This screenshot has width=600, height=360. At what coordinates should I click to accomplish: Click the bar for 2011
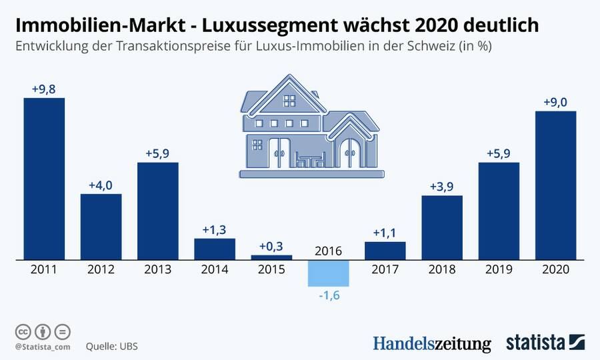tap(44, 178)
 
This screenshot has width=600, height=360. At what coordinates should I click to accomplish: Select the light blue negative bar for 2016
tap(328, 272)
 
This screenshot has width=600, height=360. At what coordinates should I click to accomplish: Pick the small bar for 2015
tap(271, 257)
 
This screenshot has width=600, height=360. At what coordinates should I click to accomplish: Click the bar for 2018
tap(442, 227)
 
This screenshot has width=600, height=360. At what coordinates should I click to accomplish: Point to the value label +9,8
tap(44, 88)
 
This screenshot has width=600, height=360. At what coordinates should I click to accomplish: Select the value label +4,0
tap(101, 184)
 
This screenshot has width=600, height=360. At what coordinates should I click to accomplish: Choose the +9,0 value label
tap(555, 101)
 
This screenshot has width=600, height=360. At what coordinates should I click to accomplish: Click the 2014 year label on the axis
tap(214, 270)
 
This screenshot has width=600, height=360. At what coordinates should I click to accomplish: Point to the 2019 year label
tap(499, 270)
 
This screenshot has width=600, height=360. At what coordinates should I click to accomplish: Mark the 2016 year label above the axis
tap(328, 251)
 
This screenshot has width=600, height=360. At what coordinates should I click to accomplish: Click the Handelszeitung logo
tap(431, 343)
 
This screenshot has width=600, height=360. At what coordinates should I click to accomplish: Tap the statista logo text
tap(535, 343)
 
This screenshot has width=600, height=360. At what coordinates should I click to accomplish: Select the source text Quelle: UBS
tap(111, 347)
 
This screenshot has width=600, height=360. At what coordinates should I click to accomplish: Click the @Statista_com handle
tap(41, 347)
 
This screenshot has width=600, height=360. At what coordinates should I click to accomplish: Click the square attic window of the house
tap(289, 101)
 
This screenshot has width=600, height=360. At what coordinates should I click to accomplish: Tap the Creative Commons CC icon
tap(23, 331)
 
